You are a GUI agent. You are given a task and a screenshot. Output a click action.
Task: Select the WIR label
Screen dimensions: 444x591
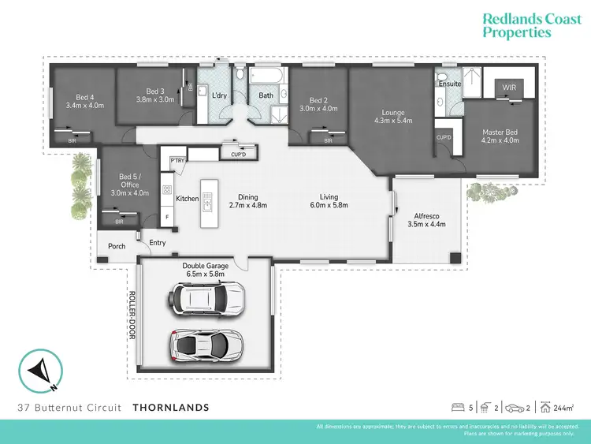(498, 89)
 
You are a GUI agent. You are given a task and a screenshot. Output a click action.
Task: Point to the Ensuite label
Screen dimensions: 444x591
(449, 83)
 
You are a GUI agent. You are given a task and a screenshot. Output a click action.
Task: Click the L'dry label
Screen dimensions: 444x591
(220, 95)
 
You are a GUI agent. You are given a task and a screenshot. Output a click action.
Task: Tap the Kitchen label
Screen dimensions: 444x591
(188, 199)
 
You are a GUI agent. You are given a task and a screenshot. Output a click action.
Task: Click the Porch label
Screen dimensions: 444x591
(117, 247)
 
